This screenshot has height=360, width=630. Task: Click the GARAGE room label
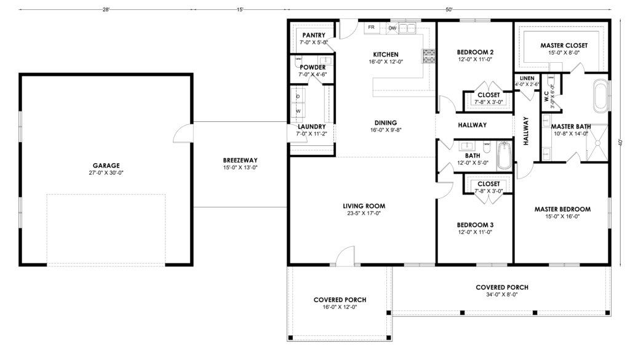(106, 165)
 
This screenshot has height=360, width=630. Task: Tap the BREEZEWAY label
(241, 161)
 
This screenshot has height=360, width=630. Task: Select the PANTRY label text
(314, 35)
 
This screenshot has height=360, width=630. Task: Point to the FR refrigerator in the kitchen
(371, 27)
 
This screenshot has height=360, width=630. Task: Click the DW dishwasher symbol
(392, 28)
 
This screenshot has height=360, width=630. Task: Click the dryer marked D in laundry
(298, 97)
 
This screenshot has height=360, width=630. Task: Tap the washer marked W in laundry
(298, 111)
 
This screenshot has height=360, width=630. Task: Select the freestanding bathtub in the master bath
(600, 95)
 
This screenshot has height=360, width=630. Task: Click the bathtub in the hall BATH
(504, 156)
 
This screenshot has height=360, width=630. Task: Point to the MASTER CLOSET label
(564, 46)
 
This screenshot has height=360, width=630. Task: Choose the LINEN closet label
(527, 78)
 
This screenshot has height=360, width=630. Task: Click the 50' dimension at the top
(449, 9)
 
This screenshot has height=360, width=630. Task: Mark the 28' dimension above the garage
(106, 9)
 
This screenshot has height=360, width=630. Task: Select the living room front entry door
(346, 256)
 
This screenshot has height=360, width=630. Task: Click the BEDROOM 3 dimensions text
(475, 232)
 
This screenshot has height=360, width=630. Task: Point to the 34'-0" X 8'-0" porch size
(502, 295)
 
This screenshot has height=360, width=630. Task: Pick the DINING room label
(386, 123)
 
